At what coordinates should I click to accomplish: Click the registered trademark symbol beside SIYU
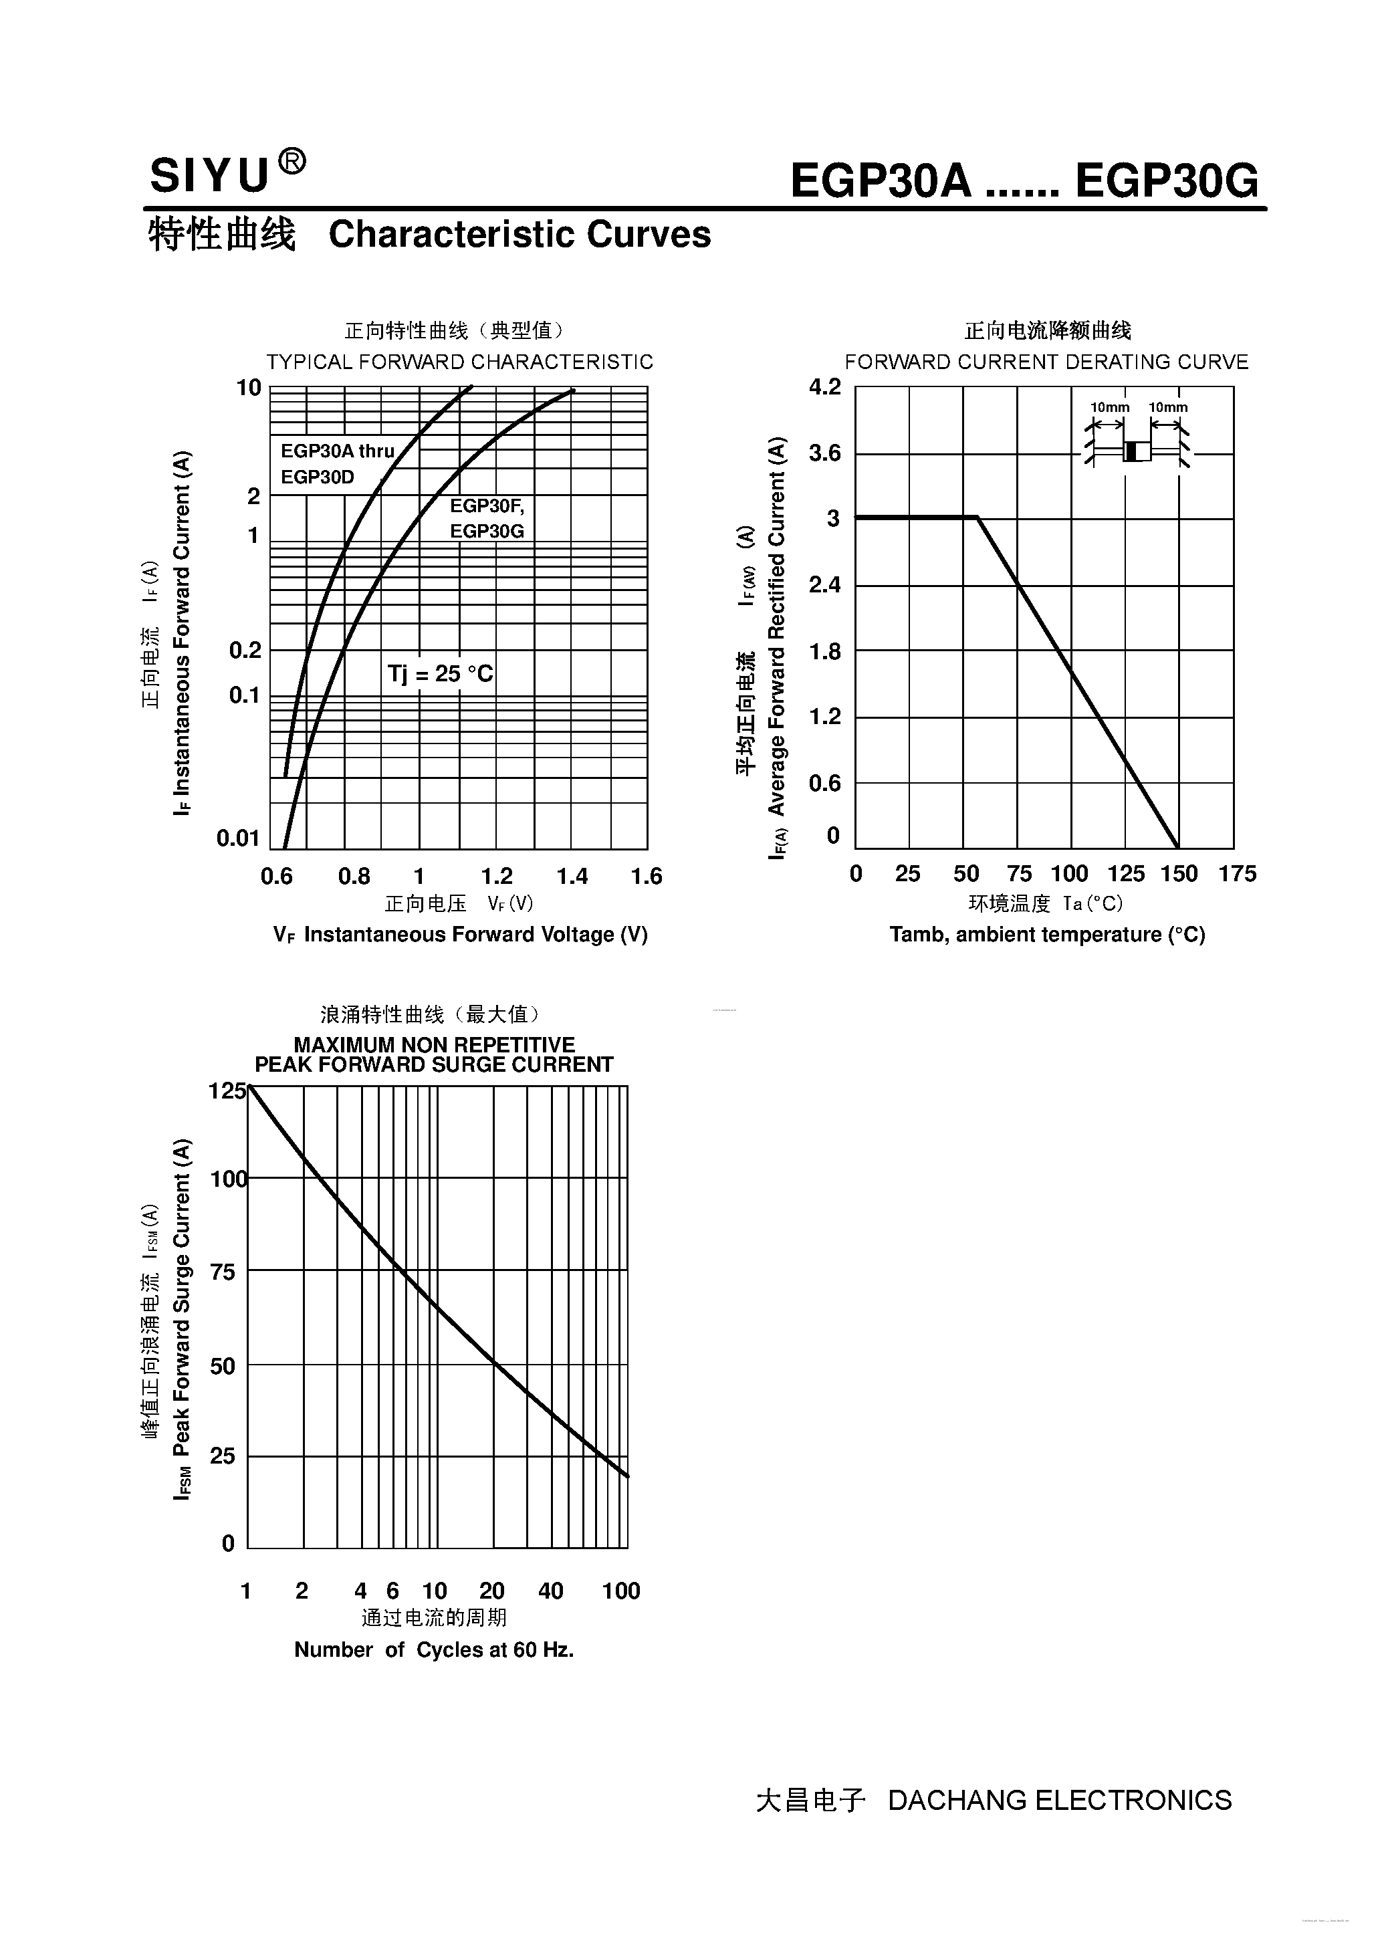(292, 162)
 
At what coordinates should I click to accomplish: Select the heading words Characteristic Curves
(520, 234)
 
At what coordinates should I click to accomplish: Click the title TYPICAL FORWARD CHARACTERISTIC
(460, 362)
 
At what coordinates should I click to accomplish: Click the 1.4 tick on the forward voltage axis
(572, 876)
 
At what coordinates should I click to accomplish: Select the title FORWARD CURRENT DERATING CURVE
(1046, 362)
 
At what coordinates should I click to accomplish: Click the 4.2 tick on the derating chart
(824, 387)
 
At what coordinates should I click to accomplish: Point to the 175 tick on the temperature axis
(1237, 874)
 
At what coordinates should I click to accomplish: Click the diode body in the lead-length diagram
(1137, 451)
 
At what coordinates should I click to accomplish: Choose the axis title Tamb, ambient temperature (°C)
(1047, 935)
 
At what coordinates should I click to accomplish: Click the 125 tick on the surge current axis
(227, 1090)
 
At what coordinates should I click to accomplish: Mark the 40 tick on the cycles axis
(550, 1591)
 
